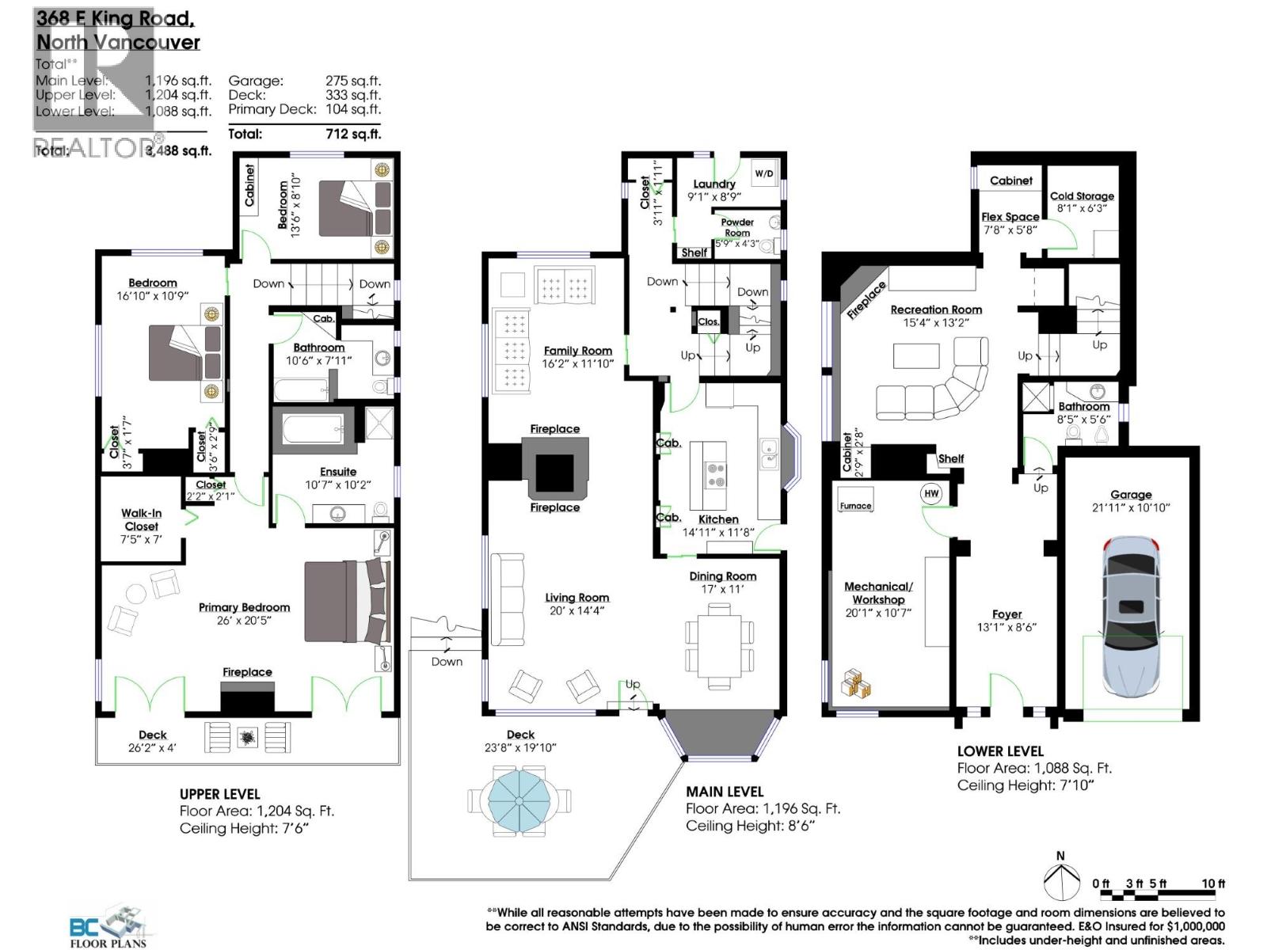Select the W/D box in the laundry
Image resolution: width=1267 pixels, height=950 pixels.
[763, 173]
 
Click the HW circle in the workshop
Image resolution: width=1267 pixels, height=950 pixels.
[931, 493]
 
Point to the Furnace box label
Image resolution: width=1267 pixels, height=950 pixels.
[855, 506]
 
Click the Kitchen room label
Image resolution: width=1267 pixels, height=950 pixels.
[718, 519]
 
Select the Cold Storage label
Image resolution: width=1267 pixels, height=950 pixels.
[1082, 196]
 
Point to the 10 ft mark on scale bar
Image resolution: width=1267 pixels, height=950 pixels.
[1213, 883]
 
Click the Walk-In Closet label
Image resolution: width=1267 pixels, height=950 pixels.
[141, 519]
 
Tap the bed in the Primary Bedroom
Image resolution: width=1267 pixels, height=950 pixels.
[347, 601]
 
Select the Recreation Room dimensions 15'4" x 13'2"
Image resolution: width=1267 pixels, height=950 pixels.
[936, 323]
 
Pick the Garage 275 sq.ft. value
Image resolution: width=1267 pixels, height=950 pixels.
[352, 80]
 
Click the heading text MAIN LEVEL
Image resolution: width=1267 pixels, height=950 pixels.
[725, 791]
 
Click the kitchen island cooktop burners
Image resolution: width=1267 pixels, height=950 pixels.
[716, 474]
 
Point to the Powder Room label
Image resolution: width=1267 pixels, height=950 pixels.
[736, 227]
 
